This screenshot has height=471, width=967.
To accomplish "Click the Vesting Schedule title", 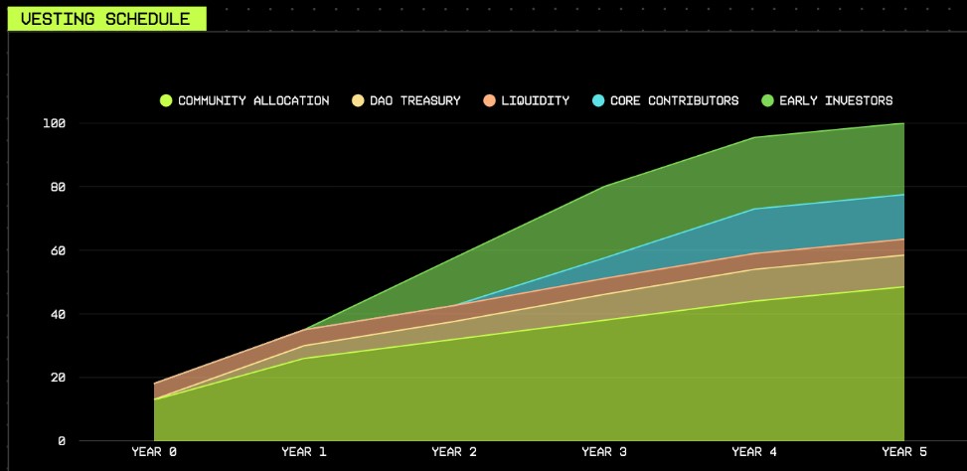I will tap(105, 19).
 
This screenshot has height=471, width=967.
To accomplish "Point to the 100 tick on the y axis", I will tap(54, 123).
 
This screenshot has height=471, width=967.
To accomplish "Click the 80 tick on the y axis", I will tap(57, 187).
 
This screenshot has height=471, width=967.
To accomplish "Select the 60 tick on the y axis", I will tap(57, 250).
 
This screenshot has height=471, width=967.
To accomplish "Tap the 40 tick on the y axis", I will tap(57, 314).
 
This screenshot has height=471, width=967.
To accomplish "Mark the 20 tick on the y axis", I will tap(57, 378).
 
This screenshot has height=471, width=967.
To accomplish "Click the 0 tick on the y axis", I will tap(61, 440).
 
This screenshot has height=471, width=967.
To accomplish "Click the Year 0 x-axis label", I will tap(154, 452).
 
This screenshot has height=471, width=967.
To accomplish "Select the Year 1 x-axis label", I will tap(304, 452).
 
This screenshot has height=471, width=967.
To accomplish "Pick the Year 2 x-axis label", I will tap(454, 452).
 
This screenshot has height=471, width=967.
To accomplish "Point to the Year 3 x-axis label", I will tap(604, 452).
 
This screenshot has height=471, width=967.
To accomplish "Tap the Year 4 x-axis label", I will tap(754, 452).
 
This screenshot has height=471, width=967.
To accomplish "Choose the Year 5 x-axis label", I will tap(903, 452).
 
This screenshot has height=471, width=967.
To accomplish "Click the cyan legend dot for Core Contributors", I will tap(598, 100).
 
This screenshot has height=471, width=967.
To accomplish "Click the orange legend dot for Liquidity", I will tap(489, 100).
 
